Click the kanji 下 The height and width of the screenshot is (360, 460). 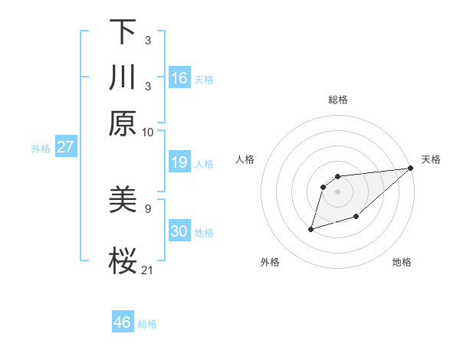pyautogui.click(x=122, y=32)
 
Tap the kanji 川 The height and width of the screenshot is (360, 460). pyautogui.click(x=122, y=78)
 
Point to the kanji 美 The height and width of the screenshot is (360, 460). pyautogui.click(x=122, y=201)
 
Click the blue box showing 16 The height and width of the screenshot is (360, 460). pyautogui.click(x=179, y=78)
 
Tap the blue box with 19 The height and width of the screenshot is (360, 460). pyautogui.click(x=179, y=162)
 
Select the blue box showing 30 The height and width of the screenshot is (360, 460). pyautogui.click(x=179, y=231)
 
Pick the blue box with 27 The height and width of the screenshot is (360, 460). pyautogui.click(x=65, y=147)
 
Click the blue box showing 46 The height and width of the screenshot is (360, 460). pyautogui.click(x=122, y=322)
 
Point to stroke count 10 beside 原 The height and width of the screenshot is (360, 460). pyautogui.click(x=148, y=132)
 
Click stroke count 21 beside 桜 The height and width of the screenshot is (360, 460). pyautogui.click(x=148, y=269)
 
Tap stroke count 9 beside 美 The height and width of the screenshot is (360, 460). pyautogui.click(x=148, y=208)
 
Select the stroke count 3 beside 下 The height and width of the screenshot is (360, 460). pyautogui.click(x=148, y=40)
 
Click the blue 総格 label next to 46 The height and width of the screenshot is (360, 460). pyautogui.click(x=147, y=324)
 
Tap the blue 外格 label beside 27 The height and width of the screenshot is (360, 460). pyautogui.click(x=40, y=149)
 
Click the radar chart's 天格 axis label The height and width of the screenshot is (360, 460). pyautogui.click(x=431, y=159)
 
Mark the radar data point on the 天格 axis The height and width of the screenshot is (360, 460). pyautogui.click(x=411, y=169)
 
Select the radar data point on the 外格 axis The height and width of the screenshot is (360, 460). pyautogui.click(x=311, y=228)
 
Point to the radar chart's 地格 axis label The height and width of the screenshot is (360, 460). pyautogui.click(x=402, y=263)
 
